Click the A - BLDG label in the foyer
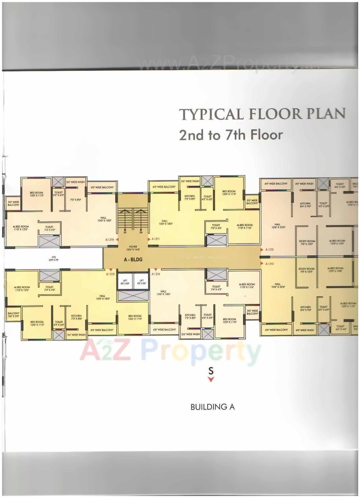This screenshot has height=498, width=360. coord(133,259)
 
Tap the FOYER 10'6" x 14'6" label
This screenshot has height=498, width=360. coord(133,248)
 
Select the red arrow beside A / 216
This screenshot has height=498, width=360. coord(117,240)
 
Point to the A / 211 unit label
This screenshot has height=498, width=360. coord(155,239)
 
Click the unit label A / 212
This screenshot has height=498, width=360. coord(270,250)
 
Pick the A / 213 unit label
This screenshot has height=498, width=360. coord(270,263)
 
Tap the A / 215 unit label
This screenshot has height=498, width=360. coord(110,274)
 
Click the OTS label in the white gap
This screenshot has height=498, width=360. coord(54,260)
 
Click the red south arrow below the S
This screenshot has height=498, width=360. coord(211,379)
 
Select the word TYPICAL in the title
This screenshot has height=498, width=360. coord(211,114)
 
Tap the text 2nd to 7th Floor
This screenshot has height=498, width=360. coord(231,135)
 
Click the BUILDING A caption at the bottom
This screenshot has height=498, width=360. coord(212,407)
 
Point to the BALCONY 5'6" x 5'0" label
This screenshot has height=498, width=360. coord(13,315)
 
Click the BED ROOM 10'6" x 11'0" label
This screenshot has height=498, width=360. coord(135,317)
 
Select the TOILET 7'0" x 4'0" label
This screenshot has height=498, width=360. coord(216,227)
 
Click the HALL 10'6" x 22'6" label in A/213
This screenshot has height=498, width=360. coord(278,285)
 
